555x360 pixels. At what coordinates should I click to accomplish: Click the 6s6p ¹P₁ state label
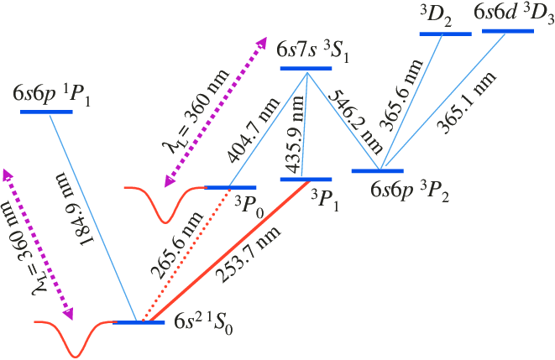(x=52, y=94)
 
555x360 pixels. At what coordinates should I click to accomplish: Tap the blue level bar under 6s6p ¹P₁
(x=50, y=110)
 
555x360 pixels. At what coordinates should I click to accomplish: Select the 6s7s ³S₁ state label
(x=312, y=50)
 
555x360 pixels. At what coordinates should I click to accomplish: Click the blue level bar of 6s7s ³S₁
(x=306, y=68)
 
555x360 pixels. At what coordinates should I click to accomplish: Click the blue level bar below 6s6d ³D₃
(x=508, y=32)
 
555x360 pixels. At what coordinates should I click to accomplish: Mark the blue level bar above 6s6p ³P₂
(x=379, y=171)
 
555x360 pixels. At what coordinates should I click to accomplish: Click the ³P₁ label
(x=325, y=199)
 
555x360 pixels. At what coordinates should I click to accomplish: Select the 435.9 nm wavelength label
(x=290, y=138)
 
